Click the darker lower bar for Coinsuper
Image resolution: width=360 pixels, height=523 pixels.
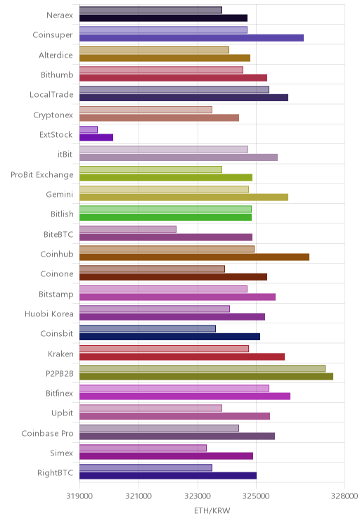[x=191, y=38]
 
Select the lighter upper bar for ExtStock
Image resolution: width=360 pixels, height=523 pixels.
[x=89, y=129]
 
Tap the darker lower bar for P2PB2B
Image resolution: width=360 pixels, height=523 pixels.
[x=206, y=377]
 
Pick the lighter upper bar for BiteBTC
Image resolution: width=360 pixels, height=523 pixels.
[x=128, y=229]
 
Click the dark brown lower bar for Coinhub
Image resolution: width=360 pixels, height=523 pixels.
[x=194, y=257]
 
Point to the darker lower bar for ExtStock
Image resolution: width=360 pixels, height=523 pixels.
[x=96, y=137]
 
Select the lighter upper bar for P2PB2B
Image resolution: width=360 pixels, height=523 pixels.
[x=202, y=368]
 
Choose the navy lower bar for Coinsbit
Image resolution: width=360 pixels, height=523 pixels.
[x=170, y=337]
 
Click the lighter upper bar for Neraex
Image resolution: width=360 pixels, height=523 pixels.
[x=150, y=10]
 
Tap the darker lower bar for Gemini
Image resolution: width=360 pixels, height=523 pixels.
[x=184, y=198]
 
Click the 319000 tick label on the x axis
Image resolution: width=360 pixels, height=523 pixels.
[x=79, y=496]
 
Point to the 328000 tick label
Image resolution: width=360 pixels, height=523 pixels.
[x=345, y=496]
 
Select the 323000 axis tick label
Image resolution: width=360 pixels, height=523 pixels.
[x=198, y=496]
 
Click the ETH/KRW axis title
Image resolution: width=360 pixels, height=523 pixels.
[x=212, y=510]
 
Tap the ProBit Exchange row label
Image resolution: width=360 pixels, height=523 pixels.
[x=41, y=175]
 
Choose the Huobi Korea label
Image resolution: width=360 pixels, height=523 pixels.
[x=49, y=314]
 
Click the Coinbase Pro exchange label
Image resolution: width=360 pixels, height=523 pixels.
[x=47, y=433]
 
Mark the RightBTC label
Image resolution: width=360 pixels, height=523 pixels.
[x=55, y=473]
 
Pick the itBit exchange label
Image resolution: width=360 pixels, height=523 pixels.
[x=65, y=155]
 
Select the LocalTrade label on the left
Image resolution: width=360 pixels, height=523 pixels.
[x=51, y=95]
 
